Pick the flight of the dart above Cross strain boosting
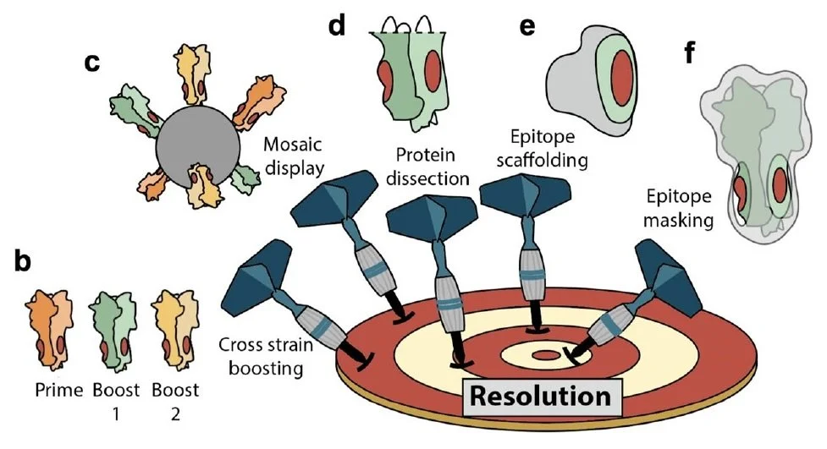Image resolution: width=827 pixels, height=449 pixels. coord(259,281)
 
